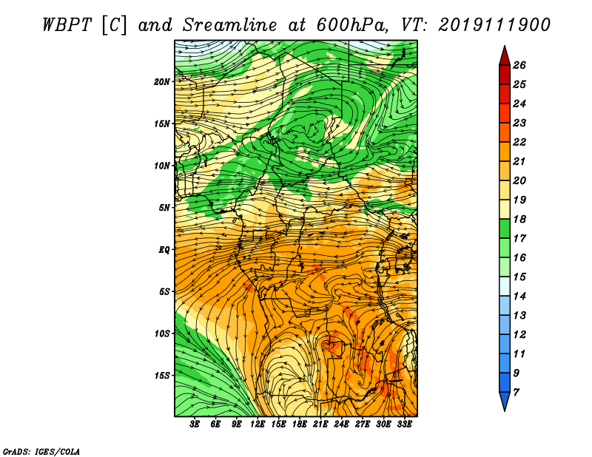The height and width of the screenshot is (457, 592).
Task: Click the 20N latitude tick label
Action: [162, 82]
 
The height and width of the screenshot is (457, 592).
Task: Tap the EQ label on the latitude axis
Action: [164, 250]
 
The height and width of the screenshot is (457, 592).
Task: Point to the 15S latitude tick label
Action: [162, 376]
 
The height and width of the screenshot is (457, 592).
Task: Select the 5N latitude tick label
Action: [164, 208]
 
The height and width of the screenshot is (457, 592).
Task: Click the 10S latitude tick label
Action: [162, 334]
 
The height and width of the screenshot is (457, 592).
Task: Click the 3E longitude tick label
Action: [195, 424]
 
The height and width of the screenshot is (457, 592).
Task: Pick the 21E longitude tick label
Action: [320, 424]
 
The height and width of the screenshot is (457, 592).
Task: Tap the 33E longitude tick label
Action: [404, 424]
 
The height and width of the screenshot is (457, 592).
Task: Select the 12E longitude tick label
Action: [257, 424]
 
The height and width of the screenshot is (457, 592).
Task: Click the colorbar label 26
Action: [519, 65]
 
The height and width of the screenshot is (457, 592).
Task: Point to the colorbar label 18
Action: [519, 219]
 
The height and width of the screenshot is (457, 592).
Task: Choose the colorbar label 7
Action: [516, 393]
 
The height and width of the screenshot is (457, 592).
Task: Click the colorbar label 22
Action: [519, 142]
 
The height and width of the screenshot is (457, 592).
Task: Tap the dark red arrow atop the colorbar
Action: [505, 56]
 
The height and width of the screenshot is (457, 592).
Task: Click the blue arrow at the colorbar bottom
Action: [505, 402]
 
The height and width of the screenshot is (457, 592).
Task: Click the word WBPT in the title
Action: [67, 25]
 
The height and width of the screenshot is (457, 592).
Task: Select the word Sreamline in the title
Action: [230, 25]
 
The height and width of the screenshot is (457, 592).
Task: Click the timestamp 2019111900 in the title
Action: [494, 25]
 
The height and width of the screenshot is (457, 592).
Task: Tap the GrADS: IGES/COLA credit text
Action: [41, 452]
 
